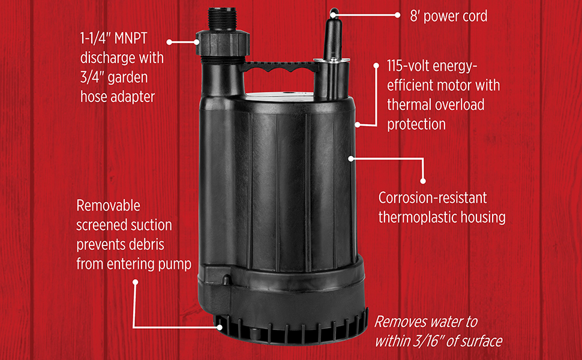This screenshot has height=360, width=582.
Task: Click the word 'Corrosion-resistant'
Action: point(433,197)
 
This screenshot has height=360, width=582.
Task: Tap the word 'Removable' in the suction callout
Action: point(109,206)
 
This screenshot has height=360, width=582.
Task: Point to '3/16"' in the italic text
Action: point(424,341)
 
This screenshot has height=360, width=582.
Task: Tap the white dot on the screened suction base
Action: point(221,328)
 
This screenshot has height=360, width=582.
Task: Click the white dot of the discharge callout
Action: point(170,42)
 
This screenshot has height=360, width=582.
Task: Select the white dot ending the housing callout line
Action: point(423,180)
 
